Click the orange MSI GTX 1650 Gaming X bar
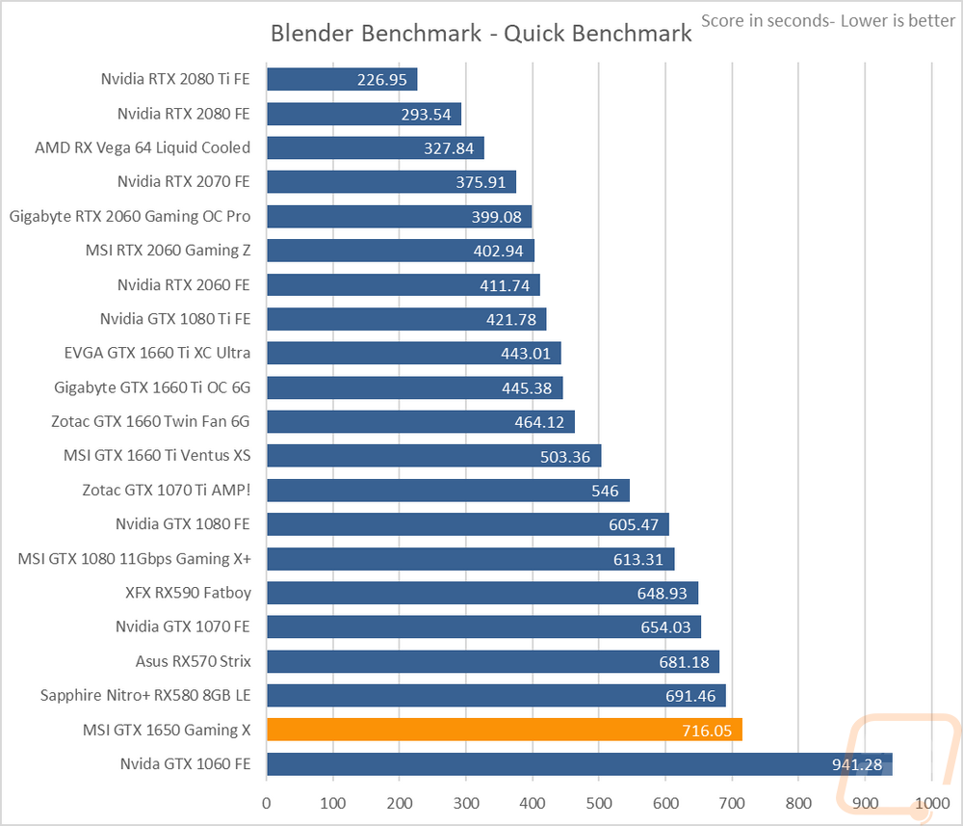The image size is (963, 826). pos(505,730)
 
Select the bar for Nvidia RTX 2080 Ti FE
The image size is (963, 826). pos(342,79)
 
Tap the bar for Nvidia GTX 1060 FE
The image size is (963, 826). pos(580,764)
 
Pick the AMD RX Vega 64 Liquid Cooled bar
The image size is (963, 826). pos(376,148)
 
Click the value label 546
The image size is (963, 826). pos(605,491)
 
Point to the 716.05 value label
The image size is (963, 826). pos(707,731)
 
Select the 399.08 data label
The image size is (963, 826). pos(496,217)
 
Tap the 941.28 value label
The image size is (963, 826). pos(857,764)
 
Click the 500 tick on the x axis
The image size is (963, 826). pos(599,803)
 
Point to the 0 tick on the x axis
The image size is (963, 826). pos(266,803)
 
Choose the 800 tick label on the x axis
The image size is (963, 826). pos(798,803)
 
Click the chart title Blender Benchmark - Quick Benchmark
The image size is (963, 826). pos(481,33)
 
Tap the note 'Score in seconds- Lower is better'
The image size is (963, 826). pos(828,21)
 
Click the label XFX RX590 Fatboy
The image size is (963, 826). pos(188,593)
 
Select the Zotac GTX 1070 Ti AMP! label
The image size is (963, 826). pos(167,490)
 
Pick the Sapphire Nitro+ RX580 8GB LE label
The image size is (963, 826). pos(145,695)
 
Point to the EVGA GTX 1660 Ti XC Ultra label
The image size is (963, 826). pos(157,353)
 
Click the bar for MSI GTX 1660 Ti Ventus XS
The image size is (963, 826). pos(434,456)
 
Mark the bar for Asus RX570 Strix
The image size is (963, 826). pos(493,661)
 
